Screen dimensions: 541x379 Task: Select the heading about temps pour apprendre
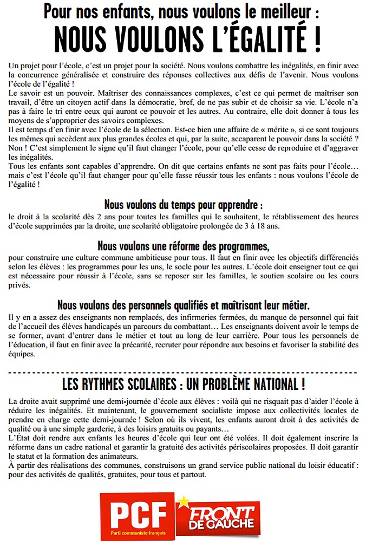point(184,206)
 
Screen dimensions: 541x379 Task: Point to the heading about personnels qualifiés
point(184,305)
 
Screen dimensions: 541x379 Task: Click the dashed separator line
point(184,373)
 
